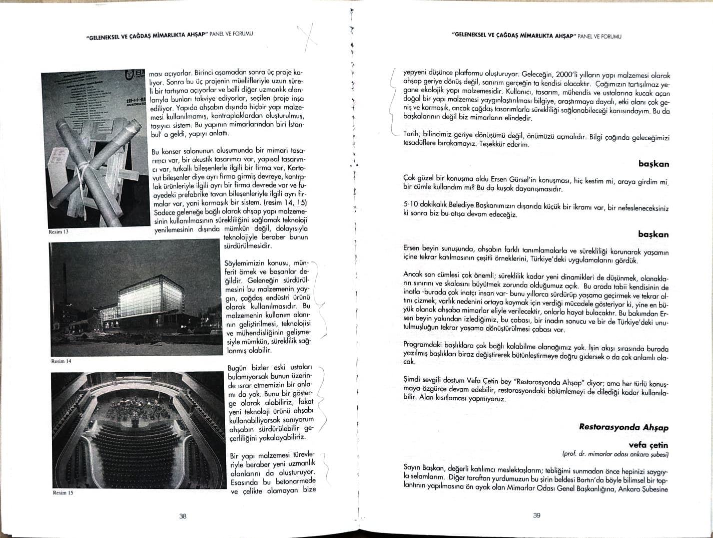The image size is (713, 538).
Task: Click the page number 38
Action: (183, 516)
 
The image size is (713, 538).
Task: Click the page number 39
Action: (536, 515)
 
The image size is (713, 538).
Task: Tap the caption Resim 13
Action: (59, 232)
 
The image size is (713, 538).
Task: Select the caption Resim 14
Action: (61, 361)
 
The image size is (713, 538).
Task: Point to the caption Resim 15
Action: (63, 493)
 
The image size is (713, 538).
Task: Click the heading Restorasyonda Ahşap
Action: (623, 427)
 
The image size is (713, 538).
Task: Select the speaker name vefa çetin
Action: (648, 445)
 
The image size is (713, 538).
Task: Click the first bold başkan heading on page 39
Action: (653, 164)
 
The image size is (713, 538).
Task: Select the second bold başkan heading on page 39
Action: (653, 234)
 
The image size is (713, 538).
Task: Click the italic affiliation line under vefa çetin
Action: (615, 454)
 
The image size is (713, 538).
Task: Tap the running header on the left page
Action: (170, 35)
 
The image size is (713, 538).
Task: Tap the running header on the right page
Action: (536, 36)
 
